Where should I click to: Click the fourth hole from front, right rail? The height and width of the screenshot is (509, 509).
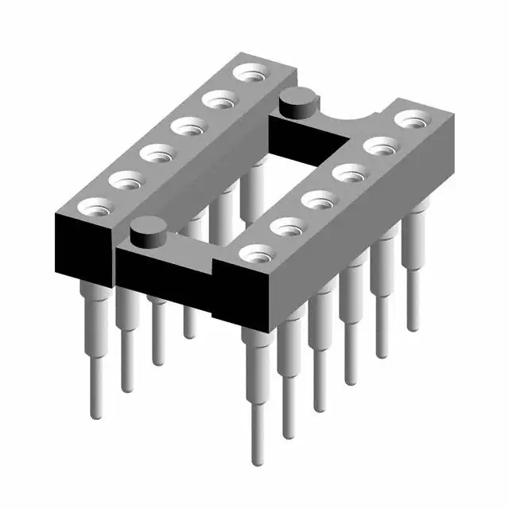click(x=348, y=172)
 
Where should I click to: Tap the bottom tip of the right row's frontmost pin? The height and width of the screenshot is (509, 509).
click(x=257, y=460)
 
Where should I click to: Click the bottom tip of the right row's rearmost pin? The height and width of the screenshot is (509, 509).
click(x=412, y=326)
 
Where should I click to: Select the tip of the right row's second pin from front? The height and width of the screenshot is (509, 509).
click(x=288, y=433)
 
